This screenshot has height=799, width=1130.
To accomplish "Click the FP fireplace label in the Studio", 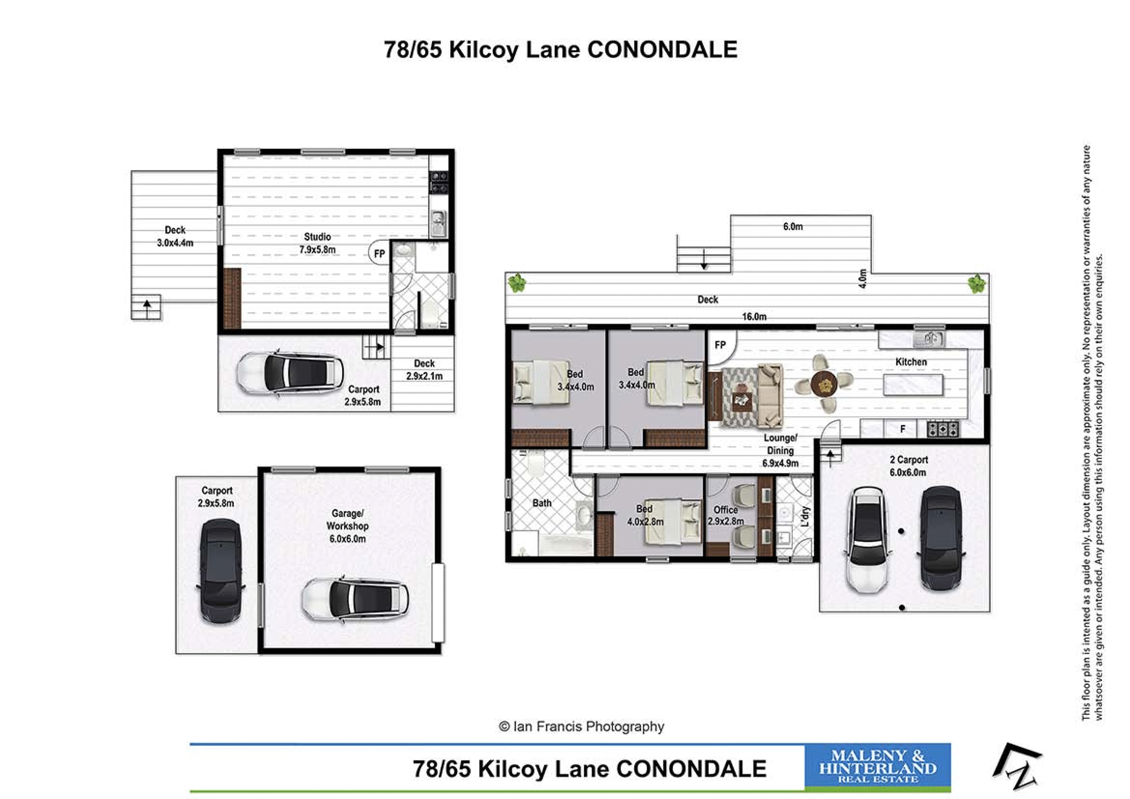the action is [x=379, y=254].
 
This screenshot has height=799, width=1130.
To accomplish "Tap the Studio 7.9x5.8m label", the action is [x=317, y=243].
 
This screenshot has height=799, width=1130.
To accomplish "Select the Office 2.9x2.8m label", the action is [x=725, y=515].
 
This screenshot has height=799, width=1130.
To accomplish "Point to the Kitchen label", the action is [x=911, y=362].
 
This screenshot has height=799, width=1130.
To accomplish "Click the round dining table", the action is [x=824, y=383].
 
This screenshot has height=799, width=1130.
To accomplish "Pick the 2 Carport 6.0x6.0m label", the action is [x=908, y=466].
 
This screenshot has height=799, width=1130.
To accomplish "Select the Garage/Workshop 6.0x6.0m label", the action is [x=348, y=526].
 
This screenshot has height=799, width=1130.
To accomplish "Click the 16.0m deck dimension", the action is [x=754, y=317].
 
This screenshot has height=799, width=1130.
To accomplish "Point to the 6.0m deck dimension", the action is [x=792, y=226].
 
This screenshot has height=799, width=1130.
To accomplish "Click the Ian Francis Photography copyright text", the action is [x=581, y=727].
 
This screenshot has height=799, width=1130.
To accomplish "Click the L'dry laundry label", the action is [x=805, y=516].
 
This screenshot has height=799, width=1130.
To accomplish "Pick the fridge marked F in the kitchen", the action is [x=903, y=429].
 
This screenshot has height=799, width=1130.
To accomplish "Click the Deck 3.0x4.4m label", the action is [x=175, y=236].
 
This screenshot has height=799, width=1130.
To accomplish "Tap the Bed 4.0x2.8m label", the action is [x=645, y=515].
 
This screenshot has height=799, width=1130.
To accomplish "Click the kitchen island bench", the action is [x=914, y=384].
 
